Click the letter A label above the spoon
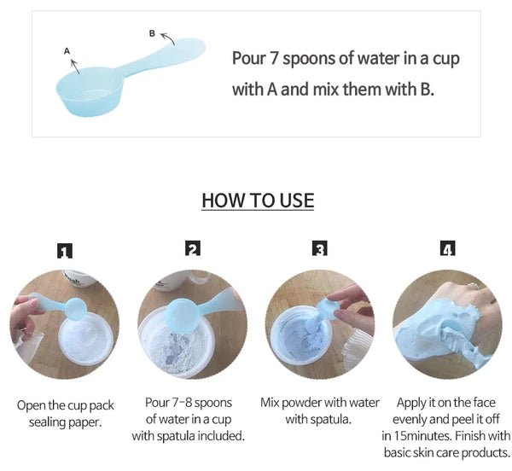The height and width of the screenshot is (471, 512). [x=67, y=51]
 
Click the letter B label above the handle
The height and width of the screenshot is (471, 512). [x=152, y=33]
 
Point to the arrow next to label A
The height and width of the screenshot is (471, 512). [x=75, y=67]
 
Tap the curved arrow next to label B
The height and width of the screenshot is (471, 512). [x=167, y=38]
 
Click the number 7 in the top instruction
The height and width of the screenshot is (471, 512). [x=273, y=59]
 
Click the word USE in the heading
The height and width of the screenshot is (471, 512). [x=297, y=201]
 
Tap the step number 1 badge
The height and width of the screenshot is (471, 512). [x=65, y=251]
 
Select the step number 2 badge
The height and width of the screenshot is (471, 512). [x=193, y=248]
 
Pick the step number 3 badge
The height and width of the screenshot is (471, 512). [x=320, y=248]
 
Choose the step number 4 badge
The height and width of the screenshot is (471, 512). [x=447, y=248]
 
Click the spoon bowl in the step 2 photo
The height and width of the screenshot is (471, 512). [x=183, y=316]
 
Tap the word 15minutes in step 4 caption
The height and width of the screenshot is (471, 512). [x=422, y=436]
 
